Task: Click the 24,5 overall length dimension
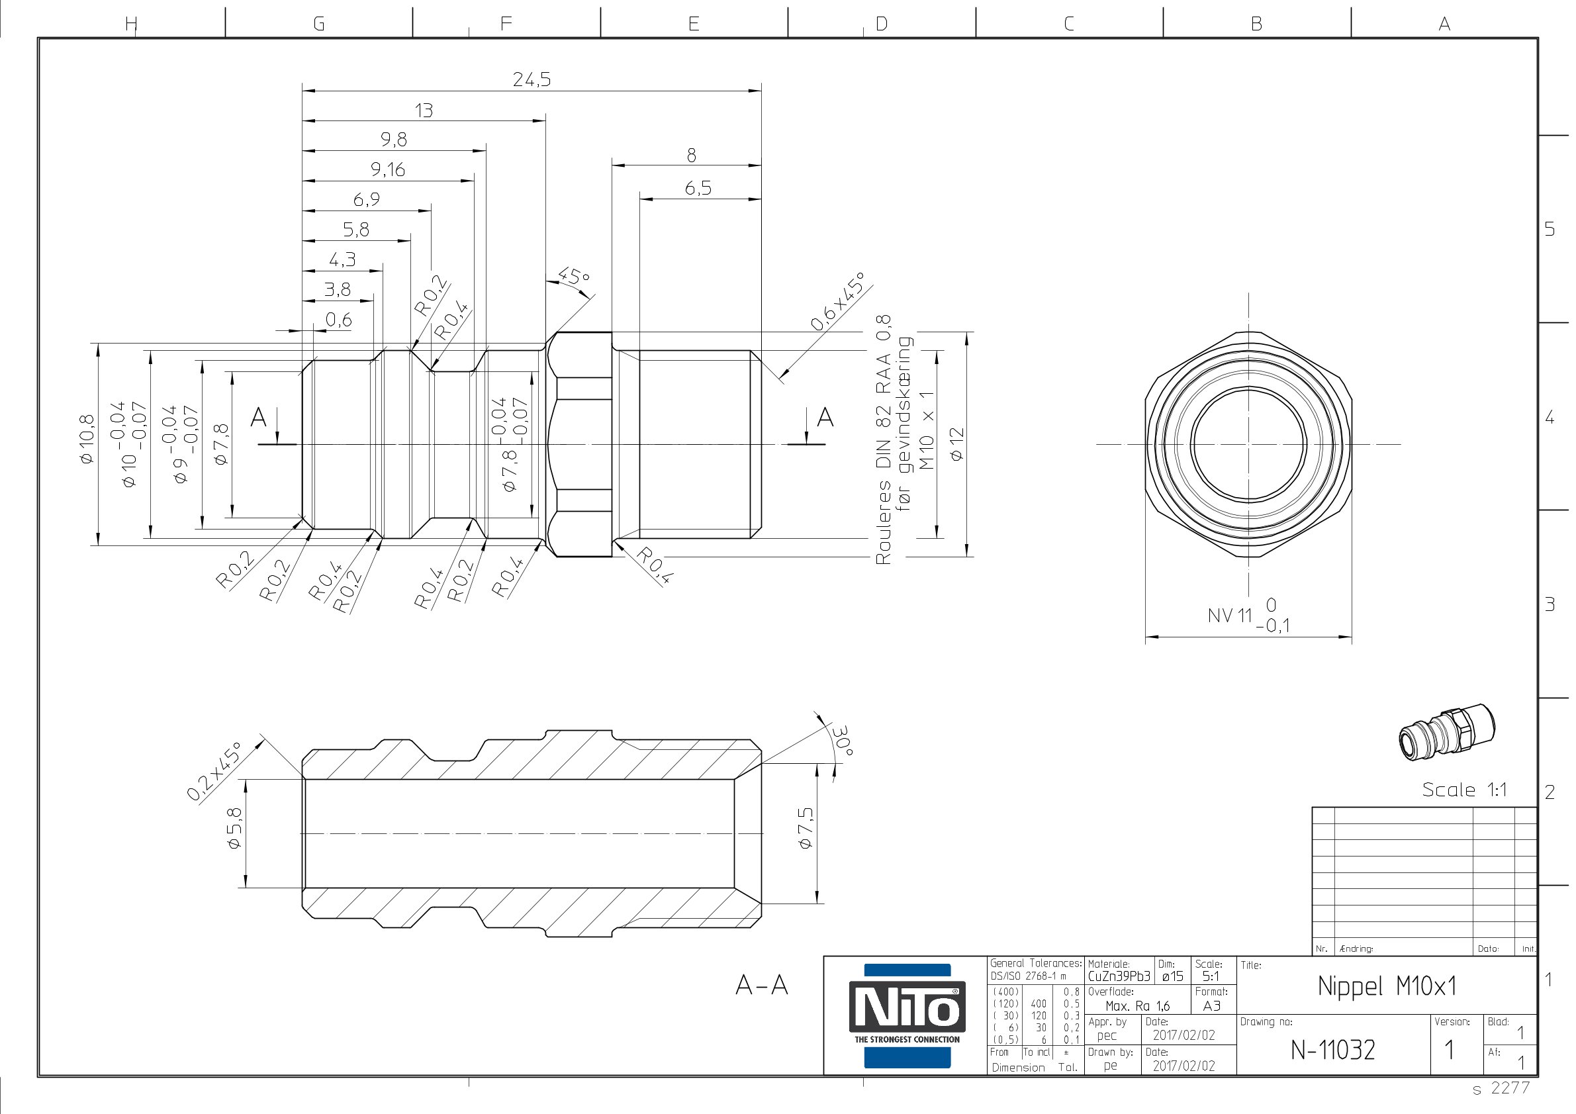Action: click(x=532, y=79)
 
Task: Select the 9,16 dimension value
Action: click(x=388, y=169)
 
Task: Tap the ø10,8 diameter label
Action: click(x=87, y=440)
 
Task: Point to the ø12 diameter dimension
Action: click(x=956, y=443)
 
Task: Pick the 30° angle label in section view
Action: click(x=842, y=741)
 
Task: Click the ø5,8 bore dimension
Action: click(x=234, y=828)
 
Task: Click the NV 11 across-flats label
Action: click(x=1230, y=616)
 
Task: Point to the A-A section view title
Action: click(x=761, y=986)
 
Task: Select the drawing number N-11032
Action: click(x=1332, y=1050)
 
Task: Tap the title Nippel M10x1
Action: click(x=1387, y=986)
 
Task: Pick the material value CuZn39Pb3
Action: click(x=1119, y=976)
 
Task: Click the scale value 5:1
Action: click(x=1211, y=976)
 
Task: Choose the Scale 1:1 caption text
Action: click(x=1464, y=790)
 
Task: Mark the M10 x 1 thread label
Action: click(x=927, y=430)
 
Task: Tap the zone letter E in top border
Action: click(x=693, y=24)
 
